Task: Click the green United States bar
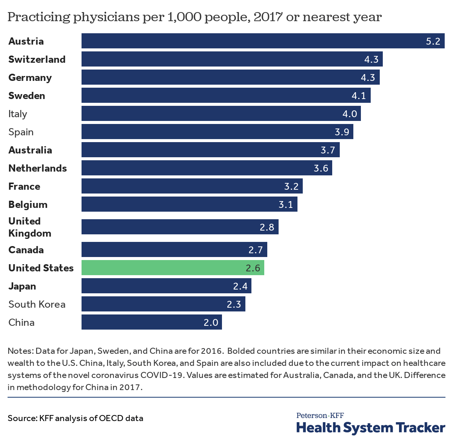(173, 268)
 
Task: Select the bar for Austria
(263, 41)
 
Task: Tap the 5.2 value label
(433, 41)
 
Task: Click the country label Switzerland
(37, 59)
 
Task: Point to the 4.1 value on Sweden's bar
(359, 96)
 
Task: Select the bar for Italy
(221, 113)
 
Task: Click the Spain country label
(21, 132)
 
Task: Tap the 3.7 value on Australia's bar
(328, 150)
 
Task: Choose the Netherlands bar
(206, 168)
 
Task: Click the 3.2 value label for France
(291, 186)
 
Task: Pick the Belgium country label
(28, 204)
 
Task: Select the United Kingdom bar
(180, 227)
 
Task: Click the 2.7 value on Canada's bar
(256, 250)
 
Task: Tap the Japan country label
(22, 286)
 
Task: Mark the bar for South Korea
(163, 304)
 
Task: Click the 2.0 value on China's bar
(211, 322)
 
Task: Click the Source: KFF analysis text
(75, 418)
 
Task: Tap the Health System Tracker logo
(371, 424)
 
